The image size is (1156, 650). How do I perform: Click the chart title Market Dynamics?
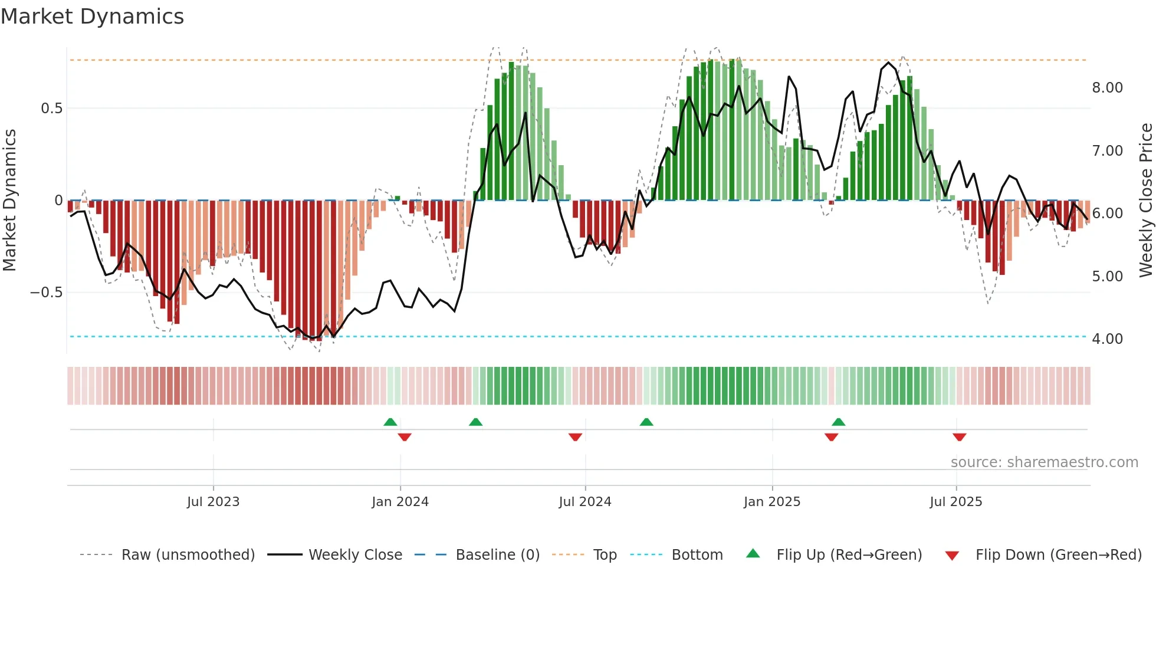(93, 17)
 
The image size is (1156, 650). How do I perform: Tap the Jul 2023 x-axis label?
(213, 502)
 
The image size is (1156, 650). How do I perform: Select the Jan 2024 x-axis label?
(400, 502)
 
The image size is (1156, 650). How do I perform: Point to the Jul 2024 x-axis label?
(584, 502)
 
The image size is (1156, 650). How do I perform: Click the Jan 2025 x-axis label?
(771, 502)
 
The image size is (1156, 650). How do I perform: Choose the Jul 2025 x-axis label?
(955, 502)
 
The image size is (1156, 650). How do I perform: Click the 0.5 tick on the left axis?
(51, 109)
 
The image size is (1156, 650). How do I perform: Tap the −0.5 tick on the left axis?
(46, 293)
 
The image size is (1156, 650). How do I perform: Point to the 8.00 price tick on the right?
(1107, 88)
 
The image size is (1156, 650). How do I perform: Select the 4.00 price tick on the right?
(1107, 339)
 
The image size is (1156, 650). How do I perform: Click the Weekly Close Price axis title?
(1146, 200)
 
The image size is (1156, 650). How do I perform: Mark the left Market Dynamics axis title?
(9, 200)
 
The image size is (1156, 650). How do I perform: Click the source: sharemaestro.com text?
(1044, 462)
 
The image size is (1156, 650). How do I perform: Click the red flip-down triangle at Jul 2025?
(959, 437)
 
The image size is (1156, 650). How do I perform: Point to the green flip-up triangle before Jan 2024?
(390, 422)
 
